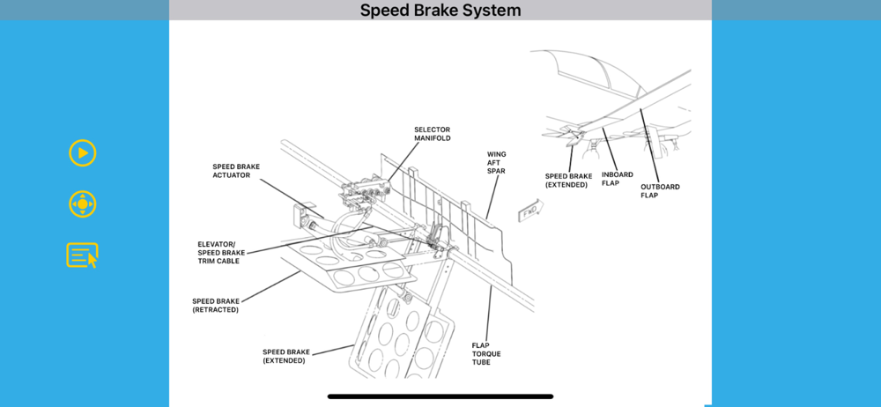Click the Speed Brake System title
click(440, 11)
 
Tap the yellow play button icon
click(83, 153)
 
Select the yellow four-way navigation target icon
click(83, 204)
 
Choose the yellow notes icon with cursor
click(83, 255)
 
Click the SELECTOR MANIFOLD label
click(433, 134)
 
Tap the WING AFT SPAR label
click(497, 162)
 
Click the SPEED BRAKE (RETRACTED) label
click(215, 305)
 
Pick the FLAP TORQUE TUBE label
click(486, 353)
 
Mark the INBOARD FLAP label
click(618, 179)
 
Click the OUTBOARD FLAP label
click(660, 190)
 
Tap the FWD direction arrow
click(531, 211)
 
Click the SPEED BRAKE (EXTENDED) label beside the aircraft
click(568, 181)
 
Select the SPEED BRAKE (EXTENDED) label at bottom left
click(285, 356)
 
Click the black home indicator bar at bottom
click(440, 396)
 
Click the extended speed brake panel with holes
click(401, 339)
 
